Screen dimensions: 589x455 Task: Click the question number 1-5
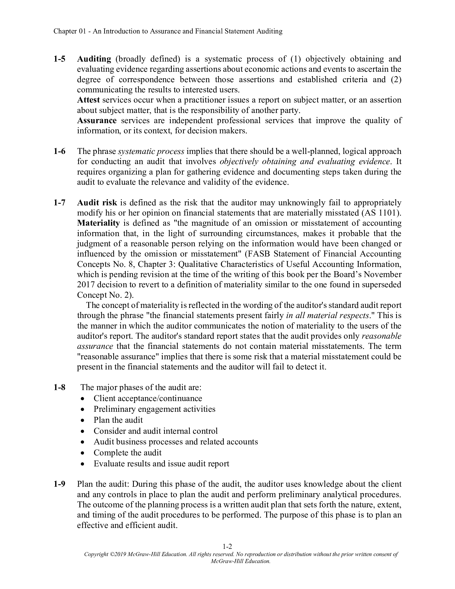click(59, 59)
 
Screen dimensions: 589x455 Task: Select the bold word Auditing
click(94, 59)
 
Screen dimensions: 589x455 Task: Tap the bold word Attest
click(88, 100)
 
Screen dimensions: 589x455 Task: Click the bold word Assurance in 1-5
click(97, 120)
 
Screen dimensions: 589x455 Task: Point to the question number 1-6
click(59, 151)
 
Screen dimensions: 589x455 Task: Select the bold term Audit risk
click(97, 203)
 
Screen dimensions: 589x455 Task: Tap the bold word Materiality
click(98, 223)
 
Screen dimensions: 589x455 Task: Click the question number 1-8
click(59, 388)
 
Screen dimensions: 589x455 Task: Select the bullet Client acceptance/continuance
click(148, 399)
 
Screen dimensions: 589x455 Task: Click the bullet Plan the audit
click(118, 420)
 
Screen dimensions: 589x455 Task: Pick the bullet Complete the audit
click(127, 452)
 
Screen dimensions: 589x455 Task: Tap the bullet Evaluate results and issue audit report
click(161, 464)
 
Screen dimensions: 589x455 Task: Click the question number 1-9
click(59, 484)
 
